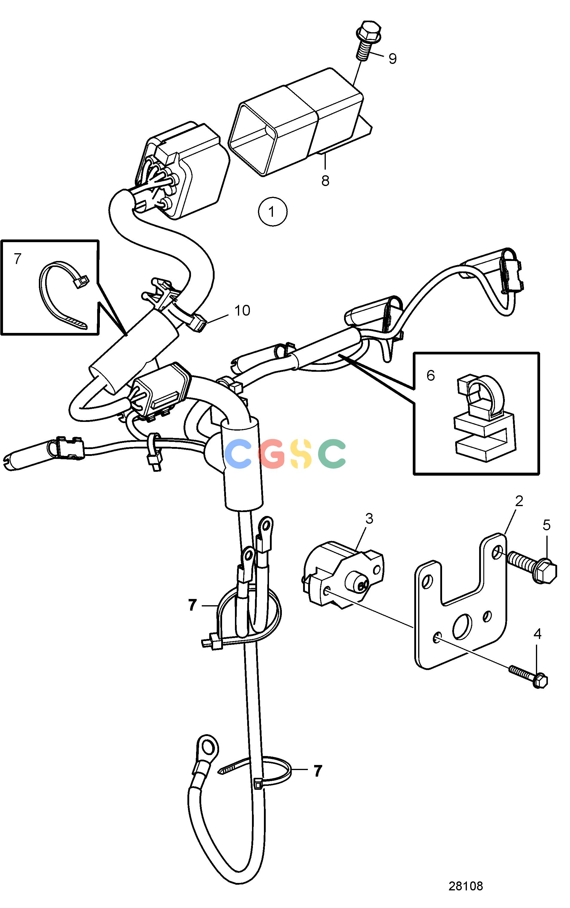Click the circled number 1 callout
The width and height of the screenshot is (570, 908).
273,212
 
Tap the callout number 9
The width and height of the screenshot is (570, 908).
392,59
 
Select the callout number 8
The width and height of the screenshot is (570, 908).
325,181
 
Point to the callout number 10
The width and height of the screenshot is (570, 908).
242,311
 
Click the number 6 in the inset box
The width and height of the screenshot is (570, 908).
430,376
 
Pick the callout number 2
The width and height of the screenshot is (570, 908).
519,501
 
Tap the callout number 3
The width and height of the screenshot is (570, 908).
369,519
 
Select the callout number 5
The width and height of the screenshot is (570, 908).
546,525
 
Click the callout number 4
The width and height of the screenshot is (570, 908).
537,634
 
